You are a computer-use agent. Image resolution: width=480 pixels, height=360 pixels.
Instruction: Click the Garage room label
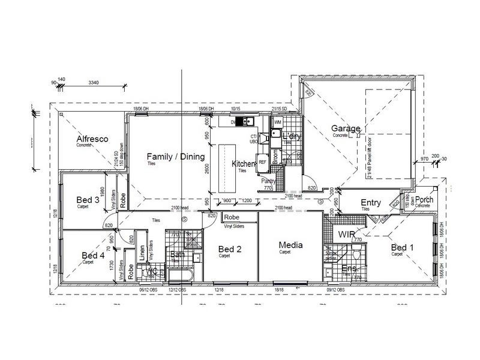coord(345,128)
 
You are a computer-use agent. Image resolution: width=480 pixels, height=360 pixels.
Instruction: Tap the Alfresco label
coord(92,139)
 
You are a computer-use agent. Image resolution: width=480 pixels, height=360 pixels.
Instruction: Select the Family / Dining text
coord(176,157)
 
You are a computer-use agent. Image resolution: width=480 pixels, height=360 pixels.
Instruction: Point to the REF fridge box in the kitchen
coord(262,161)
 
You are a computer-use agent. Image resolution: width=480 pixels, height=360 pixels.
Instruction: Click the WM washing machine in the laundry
coord(278,122)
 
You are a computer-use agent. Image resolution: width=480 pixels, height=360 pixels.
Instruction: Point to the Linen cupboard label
coord(142,254)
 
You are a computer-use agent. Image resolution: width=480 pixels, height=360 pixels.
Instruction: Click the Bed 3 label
coord(88,199)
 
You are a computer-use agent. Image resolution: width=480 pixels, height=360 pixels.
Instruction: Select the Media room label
coord(290,245)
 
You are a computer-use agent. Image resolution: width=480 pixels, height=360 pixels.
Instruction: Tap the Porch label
coord(424,200)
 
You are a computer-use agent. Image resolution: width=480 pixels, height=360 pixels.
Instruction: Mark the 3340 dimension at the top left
coord(94,82)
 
